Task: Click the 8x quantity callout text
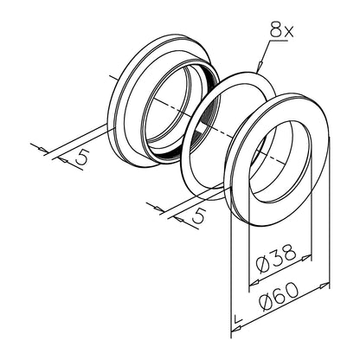(282, 29)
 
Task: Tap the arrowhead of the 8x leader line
(259, 67)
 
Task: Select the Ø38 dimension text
(276, 259)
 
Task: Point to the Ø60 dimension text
(278, 296)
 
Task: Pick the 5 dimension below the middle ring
(199, 215)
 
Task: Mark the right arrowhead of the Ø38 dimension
(306, 257)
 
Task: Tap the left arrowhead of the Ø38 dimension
(254, 283)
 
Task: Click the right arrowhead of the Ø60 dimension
(325, 286)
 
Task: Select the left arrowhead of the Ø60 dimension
(237, 328)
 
